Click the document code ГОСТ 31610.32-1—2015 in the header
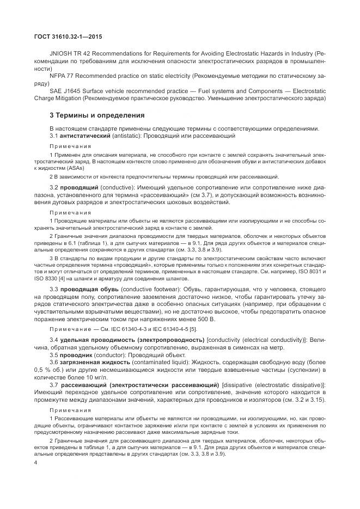point(63,36)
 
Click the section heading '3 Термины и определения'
point(89,115)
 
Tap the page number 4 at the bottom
point(35,463)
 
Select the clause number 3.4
point(54,340)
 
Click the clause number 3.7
point(54,385)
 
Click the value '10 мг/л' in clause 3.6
point(96,376)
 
